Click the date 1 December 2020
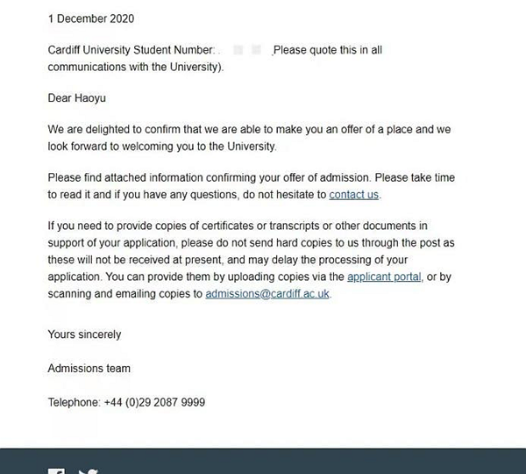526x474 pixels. [x=91, y=18]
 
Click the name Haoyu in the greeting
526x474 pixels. [x=93, y=98]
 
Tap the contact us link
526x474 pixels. [x=354, y=195]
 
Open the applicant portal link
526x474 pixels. [x=385, y=277]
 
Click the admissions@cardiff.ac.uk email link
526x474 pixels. [x=267, y=294]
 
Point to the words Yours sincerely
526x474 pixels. [x=84, y=334]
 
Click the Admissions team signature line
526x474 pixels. [x=89, y=369]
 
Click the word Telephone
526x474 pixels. [x=75, y=402]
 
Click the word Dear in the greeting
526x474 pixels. [x=60, y=98]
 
